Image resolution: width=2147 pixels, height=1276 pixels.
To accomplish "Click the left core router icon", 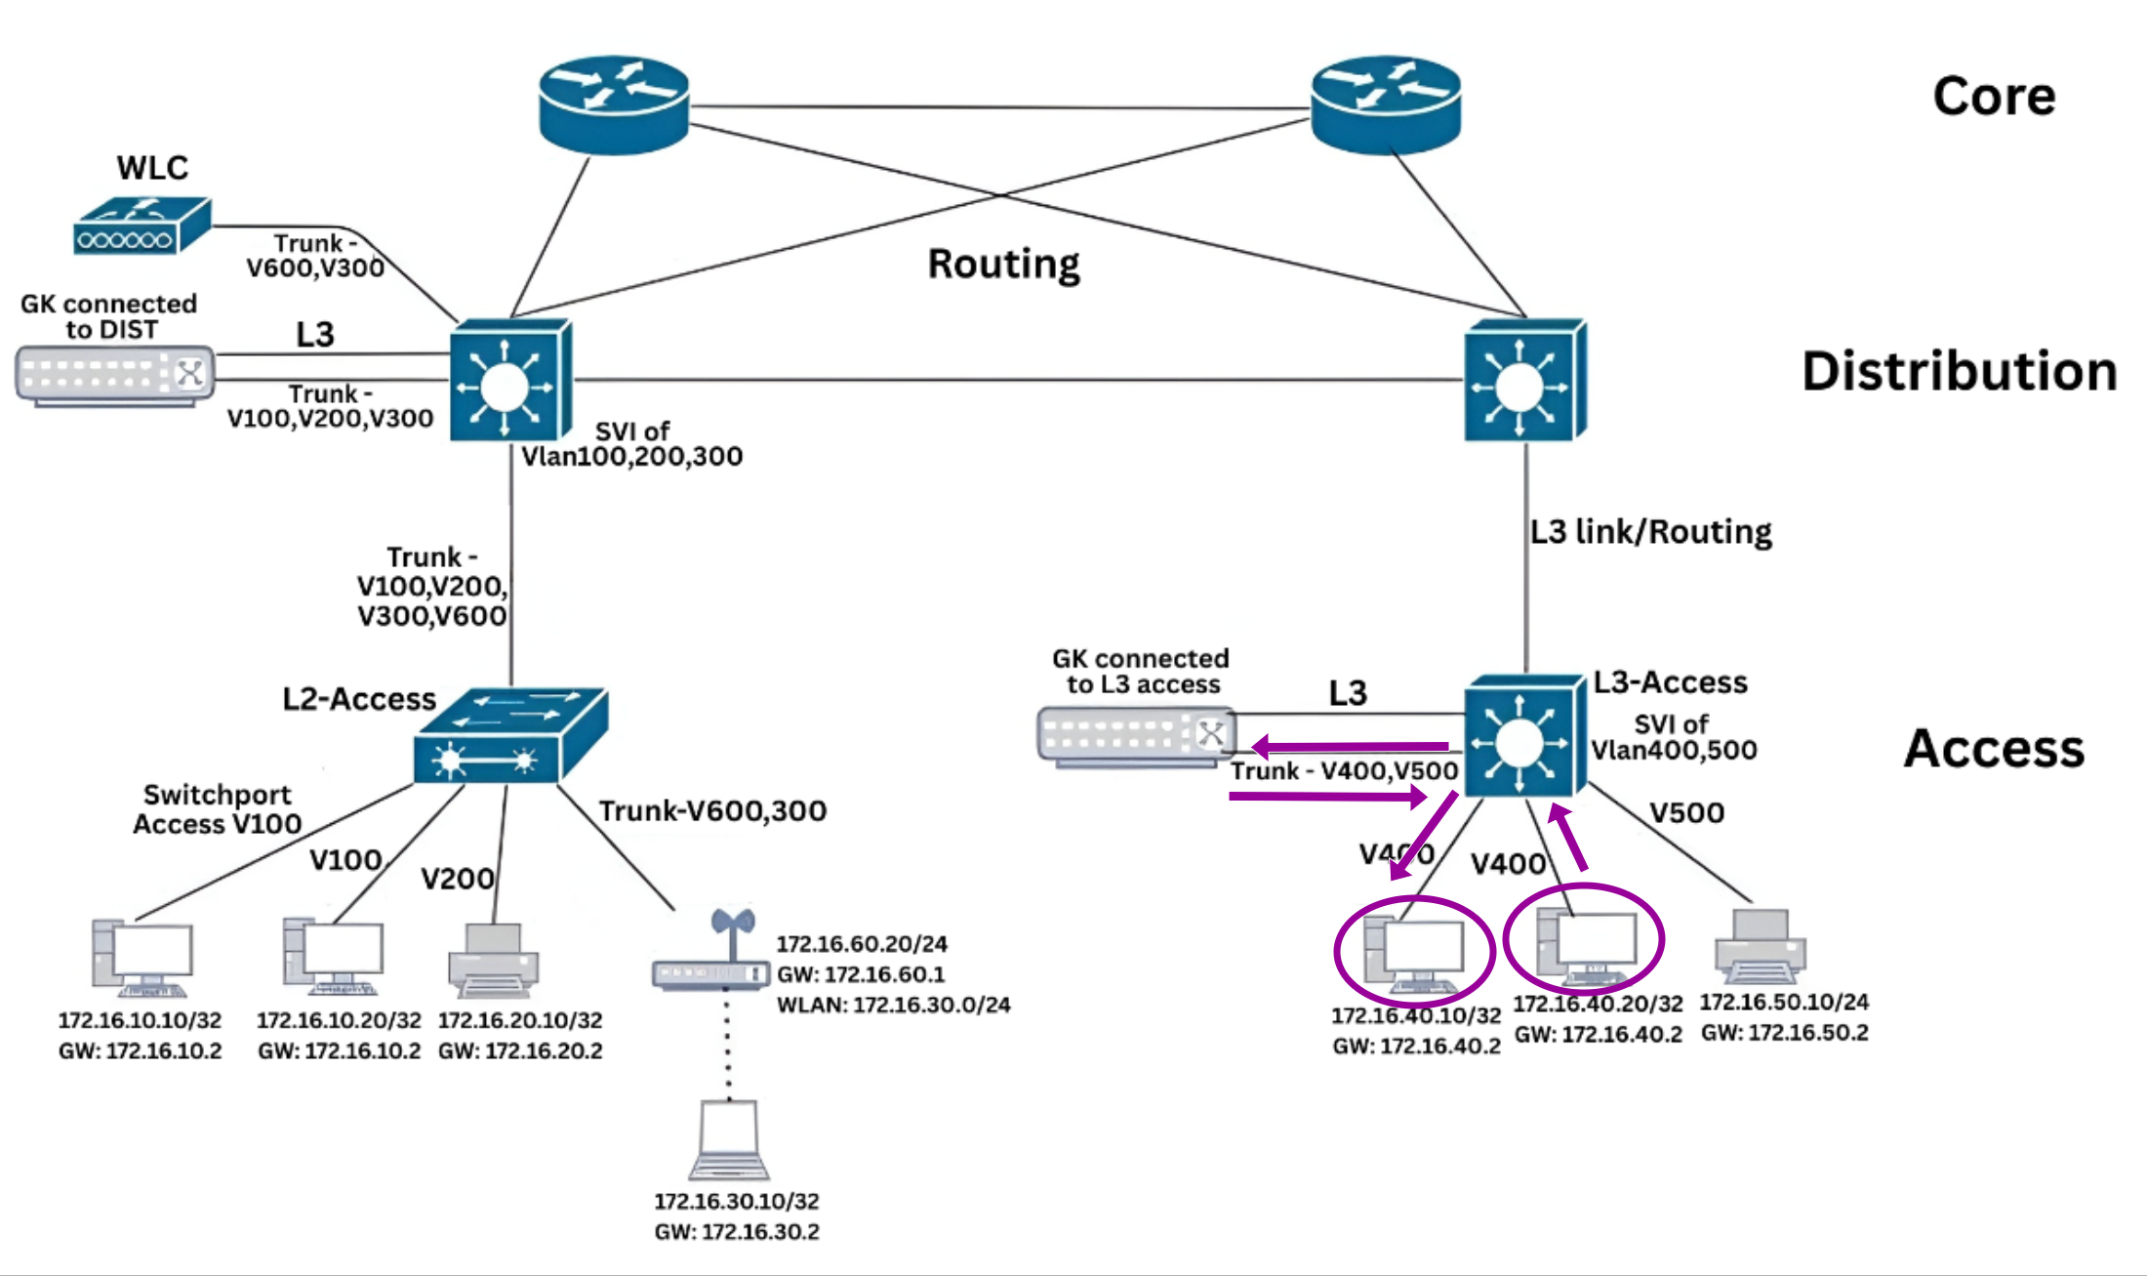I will [614, 104].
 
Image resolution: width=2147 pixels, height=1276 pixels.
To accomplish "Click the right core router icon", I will [1386, 104].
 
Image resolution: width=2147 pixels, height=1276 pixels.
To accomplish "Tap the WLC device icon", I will [142, 226].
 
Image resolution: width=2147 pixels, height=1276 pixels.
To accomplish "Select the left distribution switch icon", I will [510, 381].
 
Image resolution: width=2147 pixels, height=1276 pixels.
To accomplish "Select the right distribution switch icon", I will [1525, 381].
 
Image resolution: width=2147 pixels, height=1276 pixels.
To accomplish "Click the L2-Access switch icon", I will [510, 737].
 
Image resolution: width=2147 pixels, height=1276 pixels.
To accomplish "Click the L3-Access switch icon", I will [1523, 736].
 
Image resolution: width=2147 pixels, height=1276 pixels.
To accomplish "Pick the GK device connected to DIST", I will [114, 375].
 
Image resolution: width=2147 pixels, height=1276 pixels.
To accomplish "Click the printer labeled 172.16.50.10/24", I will [1760, 946].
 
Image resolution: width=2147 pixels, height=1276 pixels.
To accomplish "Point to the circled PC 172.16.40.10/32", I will [1414, 951].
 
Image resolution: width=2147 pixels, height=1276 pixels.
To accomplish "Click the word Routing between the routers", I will [1003, 264].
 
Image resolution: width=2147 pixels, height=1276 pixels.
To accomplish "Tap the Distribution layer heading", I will [1959, 372].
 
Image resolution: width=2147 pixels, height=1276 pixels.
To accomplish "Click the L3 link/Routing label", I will [1650, 532].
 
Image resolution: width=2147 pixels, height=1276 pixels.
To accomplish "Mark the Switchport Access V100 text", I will [217, 809].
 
